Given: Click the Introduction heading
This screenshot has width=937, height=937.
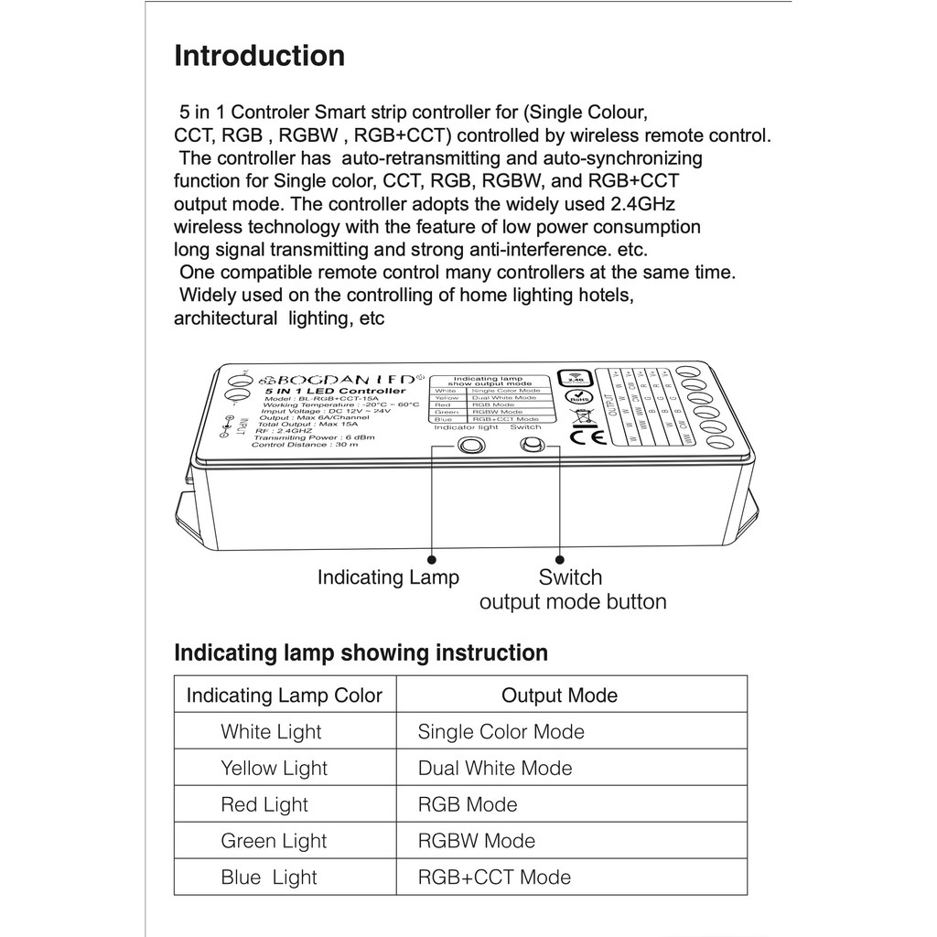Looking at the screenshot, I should (260, 56).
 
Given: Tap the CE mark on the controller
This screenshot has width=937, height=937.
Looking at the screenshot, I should (582, 436).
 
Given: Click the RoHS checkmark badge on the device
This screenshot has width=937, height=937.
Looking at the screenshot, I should (576, 397).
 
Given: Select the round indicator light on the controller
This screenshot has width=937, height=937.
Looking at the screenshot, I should (470, 446).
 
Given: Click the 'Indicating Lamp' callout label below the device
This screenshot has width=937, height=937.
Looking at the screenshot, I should (388, 577).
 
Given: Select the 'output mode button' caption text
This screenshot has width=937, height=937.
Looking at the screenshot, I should (573, 602).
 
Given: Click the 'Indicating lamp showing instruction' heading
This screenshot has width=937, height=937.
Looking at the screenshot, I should (361, 652).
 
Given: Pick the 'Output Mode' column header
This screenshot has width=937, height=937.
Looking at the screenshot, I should (559, 695).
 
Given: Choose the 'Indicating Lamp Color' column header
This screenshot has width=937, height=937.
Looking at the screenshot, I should (285, 695).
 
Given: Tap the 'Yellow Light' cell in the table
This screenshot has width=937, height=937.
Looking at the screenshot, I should (274, 769).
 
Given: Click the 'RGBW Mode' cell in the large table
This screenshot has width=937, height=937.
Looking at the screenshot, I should (477, 841).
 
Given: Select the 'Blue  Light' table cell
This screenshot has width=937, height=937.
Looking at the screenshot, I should (269, 878).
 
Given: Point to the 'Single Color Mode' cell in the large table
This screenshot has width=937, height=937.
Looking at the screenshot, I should (501, 732).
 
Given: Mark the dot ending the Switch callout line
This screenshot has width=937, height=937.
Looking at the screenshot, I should (559, 557).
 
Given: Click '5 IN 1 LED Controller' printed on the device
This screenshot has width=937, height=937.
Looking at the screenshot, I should (335, 391).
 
